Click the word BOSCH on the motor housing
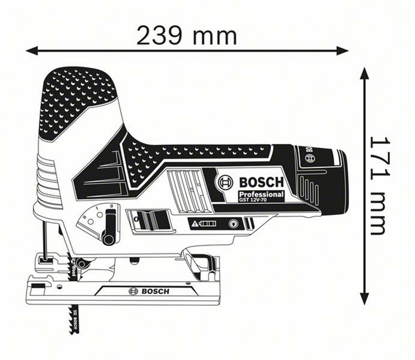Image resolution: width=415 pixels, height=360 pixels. coord(261,182)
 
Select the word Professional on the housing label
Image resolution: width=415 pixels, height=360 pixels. coord(261,196)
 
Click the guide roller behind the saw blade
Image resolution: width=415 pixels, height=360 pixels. coord(83,262)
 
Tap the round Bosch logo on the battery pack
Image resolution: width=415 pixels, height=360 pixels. coord(310,158)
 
